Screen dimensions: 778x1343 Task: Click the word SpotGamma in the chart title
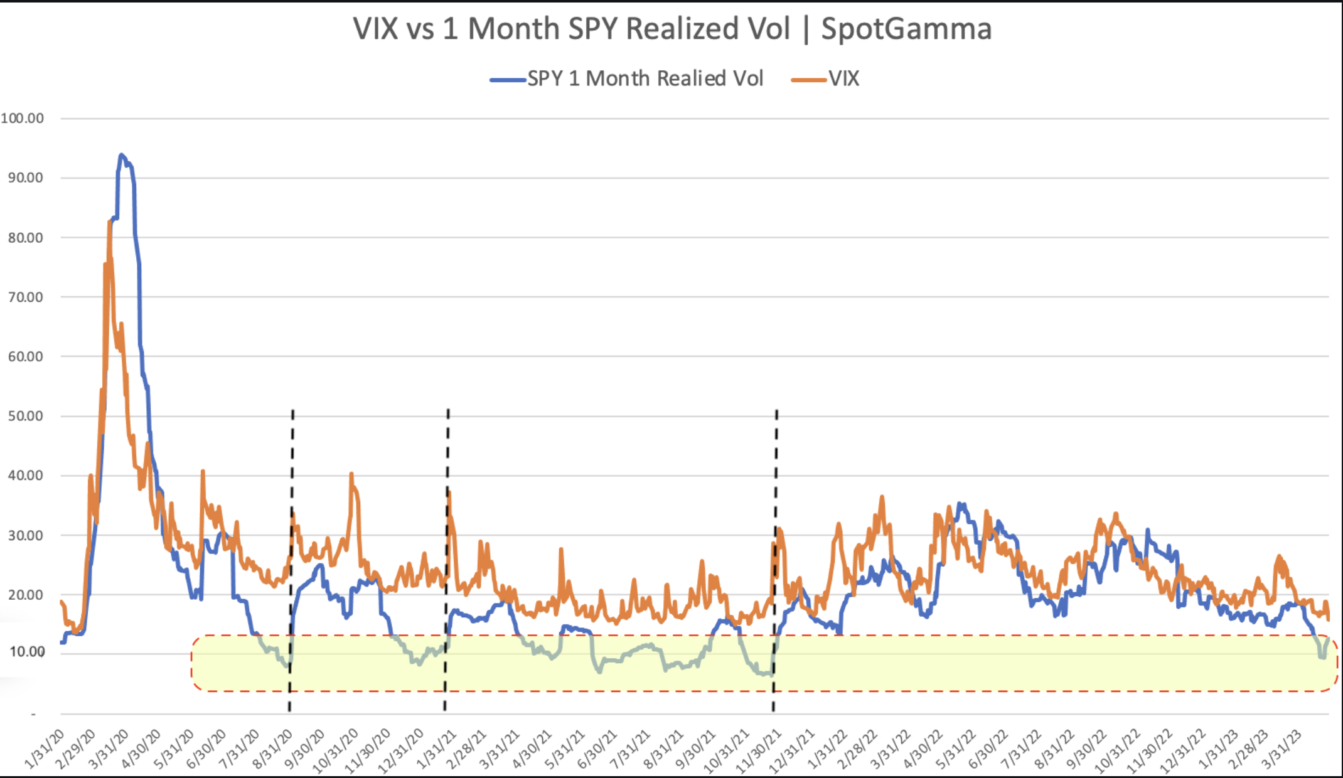click(x=906, y=29)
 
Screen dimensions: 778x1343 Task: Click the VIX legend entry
click(x=843, y=78)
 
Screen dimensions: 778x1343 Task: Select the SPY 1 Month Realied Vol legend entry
click(x=645, y=78)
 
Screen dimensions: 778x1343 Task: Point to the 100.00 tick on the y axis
click(x=23, y=118)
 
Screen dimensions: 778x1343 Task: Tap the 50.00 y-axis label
click(x=26, y=416)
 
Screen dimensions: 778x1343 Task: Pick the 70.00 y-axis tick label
click(x=26, y=297)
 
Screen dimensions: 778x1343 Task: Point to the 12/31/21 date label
click(x=793, y=750)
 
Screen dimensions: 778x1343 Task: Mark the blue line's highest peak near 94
click(x=122, y=155)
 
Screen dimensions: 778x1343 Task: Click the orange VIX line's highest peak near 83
click(x=110, y=222)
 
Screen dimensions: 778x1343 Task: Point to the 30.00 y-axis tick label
click(x=26, y=535)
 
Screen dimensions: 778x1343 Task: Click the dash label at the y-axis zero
click(x=33, y=714)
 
